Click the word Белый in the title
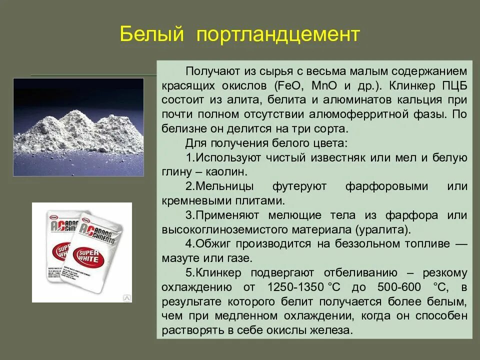[x=152, y=35]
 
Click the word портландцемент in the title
[x=278, y=35]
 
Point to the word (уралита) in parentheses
[x=383, y=230]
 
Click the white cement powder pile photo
[x=78, y=127]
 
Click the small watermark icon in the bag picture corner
[x=126, y=297]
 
